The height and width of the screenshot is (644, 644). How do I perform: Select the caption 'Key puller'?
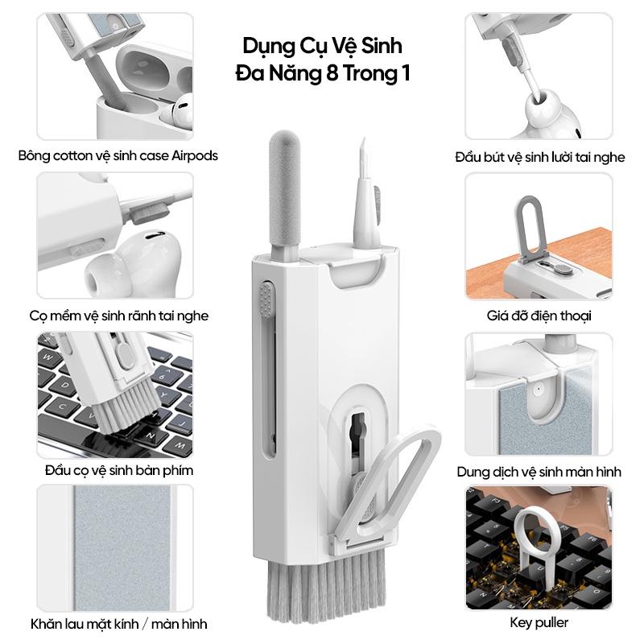coord(539,622)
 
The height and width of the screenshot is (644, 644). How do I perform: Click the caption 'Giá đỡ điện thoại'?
coord(539,316)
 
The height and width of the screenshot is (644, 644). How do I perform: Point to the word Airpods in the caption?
coord(195,155)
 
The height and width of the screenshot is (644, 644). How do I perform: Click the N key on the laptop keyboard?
coord(151,435)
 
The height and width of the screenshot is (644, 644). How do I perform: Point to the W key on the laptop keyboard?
coord(47,357)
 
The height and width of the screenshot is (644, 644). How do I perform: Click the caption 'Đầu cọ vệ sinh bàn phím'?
coord(119,470)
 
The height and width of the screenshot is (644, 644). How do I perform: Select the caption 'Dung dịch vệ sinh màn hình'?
coord(539,472)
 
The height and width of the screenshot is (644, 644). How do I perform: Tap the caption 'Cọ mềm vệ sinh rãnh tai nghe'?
coord(119,316)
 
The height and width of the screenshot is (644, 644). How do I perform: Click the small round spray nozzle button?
coord(537,389)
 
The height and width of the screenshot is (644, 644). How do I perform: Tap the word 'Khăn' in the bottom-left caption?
coord(47,624)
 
